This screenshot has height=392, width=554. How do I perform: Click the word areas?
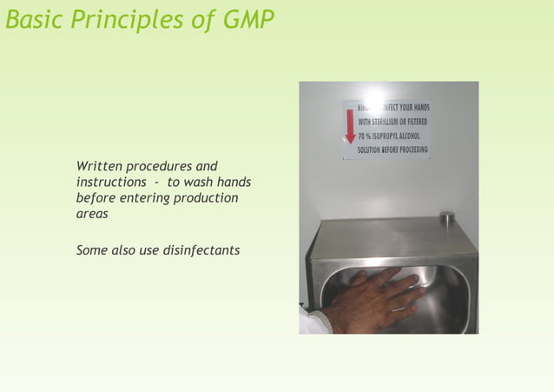(92, 214)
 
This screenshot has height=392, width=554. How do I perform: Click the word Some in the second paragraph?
(92, 250)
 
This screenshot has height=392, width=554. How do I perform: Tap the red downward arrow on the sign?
(351, 126)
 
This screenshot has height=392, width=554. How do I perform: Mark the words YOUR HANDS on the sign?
(414, 108)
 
